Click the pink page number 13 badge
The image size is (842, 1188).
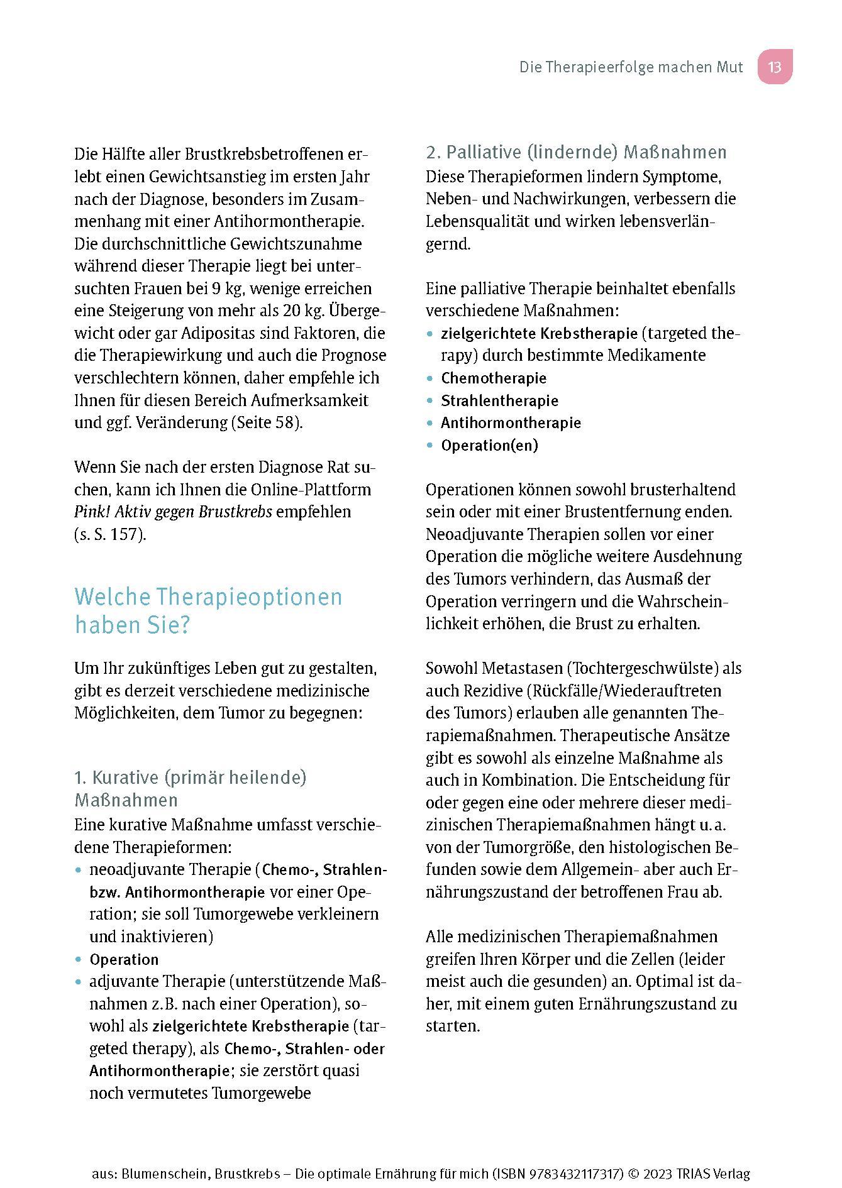coord(774,67)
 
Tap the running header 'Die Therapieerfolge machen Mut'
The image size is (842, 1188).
coord(631,67)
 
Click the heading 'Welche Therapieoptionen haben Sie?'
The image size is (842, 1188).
coord(208,610)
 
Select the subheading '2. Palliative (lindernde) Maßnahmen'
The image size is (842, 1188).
coord(576,152)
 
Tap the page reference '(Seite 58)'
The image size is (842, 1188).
coord(266,422)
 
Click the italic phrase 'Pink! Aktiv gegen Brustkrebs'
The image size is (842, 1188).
coord(173,512)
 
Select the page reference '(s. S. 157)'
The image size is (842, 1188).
coord(110,534)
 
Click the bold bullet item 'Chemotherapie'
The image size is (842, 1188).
coord(494,378)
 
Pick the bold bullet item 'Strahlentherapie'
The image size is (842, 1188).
coord(499,401)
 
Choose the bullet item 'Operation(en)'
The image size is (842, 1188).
coord(489,446)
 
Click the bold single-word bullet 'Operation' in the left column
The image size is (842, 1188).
coord(124,960)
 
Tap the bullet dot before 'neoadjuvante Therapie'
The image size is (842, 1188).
coord(79,871)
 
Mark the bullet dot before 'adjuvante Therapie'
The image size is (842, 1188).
coord(79,982)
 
